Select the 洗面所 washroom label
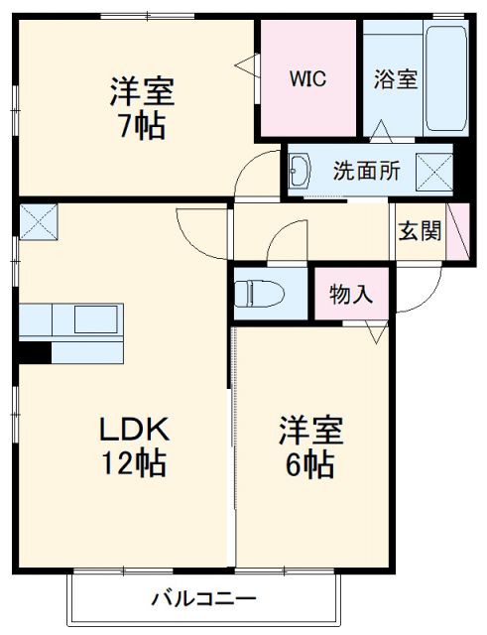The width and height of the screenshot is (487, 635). click(x=366, y=171)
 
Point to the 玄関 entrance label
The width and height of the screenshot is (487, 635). click(x=420, y=232)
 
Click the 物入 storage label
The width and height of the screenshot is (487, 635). click(x=351, y=294)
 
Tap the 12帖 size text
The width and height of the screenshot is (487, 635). click(x=138, y=462)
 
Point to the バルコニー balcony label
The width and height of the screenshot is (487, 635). click(x=204, y=599)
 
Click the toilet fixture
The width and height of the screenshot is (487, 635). click(x=261, y=293)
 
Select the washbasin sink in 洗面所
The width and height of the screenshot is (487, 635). click(x=304, y=172)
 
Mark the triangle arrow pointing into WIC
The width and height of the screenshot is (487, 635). click(x=244, y=65)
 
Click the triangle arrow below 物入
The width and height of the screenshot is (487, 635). click(x=375, y=332)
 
